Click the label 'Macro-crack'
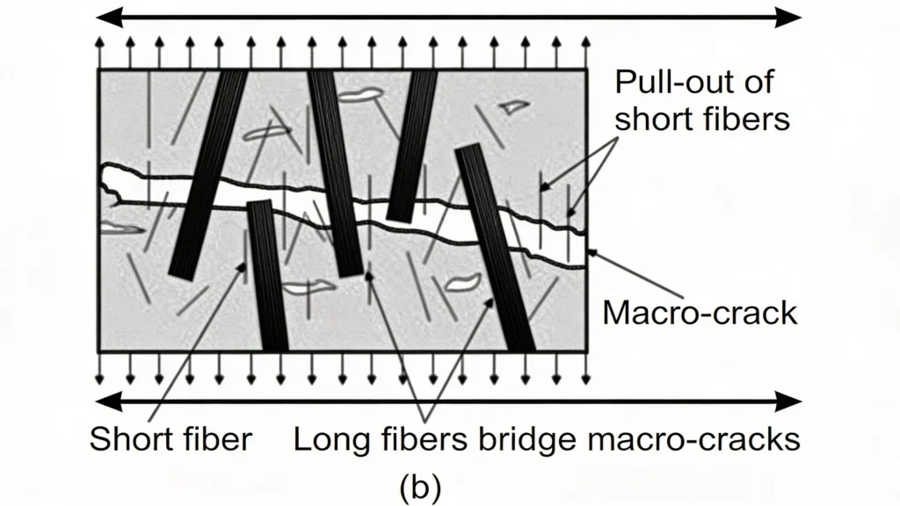pyautogui.click(x=700, y=313)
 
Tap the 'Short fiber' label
pyautogui.click(x=170, y=438)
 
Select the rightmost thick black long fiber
pyautogui.click(x=495, y=246)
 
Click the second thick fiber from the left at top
pyautogui.click(x=335, y=171)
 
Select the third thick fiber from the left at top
pyautogui.click(x=412, y=145)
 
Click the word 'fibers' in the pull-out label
pyautogui.click(x=747, y=119)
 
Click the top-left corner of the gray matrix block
pyautogui.click(x=98, y=70)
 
